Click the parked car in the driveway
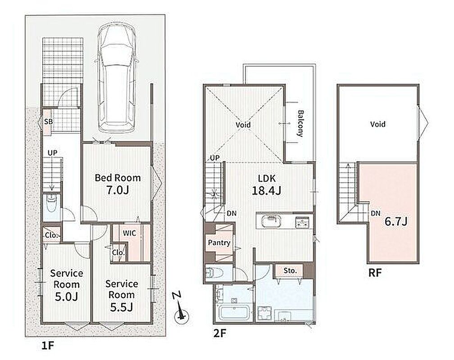117,78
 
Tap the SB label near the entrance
48,122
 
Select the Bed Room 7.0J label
118,184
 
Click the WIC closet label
129,233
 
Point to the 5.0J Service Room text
66,285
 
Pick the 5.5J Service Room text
122,296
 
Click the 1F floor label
47,346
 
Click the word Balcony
300,124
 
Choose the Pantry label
219,243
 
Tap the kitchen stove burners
303,222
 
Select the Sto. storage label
290,270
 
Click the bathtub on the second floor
234,313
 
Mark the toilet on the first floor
52,203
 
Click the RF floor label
375,273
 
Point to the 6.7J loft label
396,222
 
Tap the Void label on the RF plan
378,124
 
